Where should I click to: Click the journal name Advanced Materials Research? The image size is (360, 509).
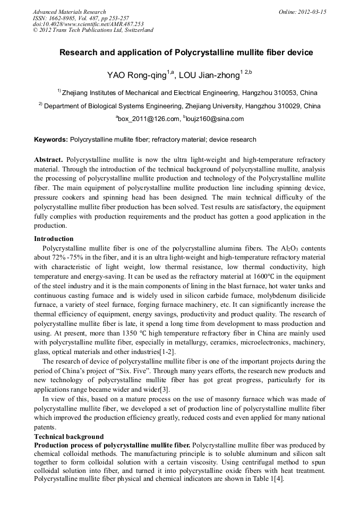coord(69,12)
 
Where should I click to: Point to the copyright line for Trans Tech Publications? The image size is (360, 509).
coord(93,30)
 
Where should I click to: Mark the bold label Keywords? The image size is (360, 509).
coord(51,140)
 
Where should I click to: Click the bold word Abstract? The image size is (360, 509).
coord(48,160)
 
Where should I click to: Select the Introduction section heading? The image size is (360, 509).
coord(54,239)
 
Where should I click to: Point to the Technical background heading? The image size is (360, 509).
coord(68,437)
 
